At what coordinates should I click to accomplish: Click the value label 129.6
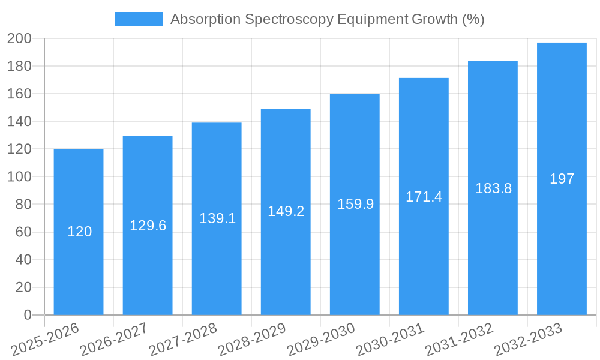148,226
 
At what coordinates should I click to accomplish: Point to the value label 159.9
355,204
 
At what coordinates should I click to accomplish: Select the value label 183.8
493,188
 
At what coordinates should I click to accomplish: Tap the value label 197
562,179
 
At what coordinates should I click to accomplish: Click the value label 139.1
217,218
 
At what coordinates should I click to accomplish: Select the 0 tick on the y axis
27,315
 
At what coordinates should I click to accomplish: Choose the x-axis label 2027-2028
183,339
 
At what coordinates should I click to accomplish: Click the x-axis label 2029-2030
321,339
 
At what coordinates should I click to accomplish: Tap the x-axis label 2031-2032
459,339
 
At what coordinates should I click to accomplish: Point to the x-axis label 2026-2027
114,339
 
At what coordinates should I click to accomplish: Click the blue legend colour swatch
139,19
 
